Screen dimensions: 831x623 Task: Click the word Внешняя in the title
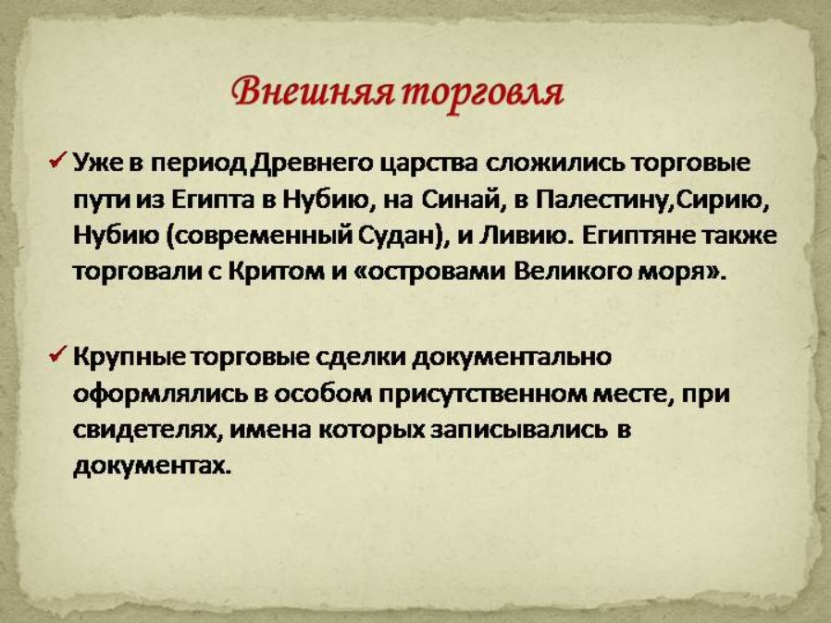click(313, 91)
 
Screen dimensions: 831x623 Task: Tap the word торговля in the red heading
click(481, 93)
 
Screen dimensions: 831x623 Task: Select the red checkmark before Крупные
click(57, 355)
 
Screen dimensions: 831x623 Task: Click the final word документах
click(152, 467)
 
